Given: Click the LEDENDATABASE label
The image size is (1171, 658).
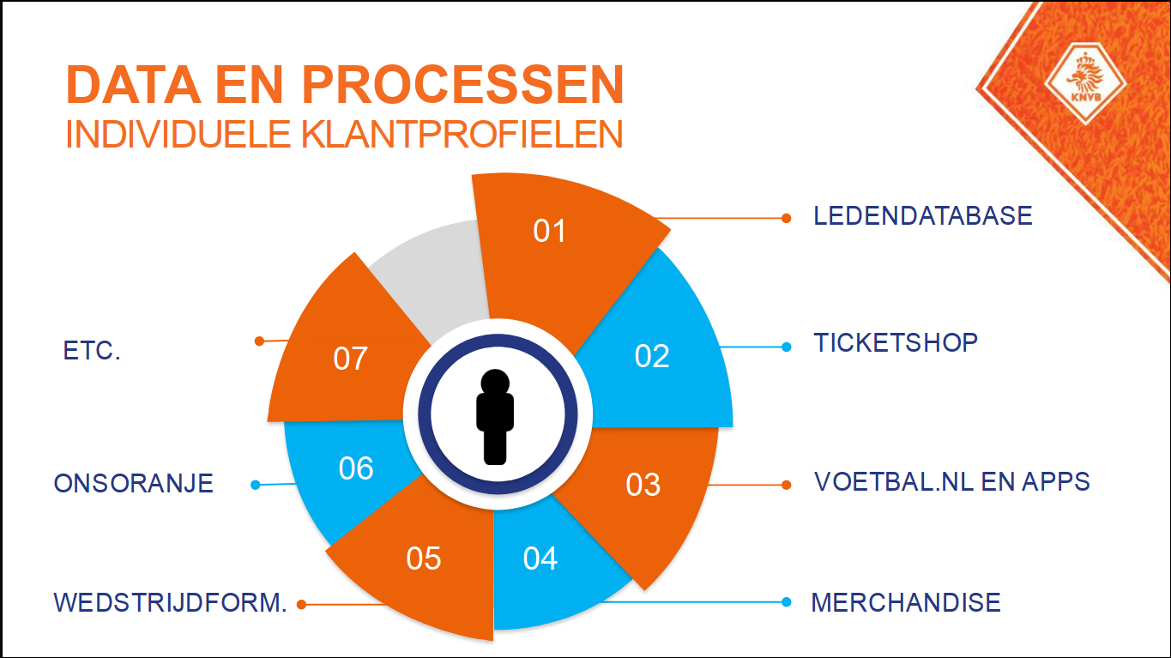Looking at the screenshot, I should coord(923,216).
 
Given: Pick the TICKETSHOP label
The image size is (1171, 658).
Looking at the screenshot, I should coord(896,343).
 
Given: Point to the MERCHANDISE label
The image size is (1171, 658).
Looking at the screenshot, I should coord(906,602).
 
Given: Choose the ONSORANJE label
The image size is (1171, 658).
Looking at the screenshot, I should coord(133,484).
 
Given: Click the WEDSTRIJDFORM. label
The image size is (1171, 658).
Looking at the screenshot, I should coord(170,602).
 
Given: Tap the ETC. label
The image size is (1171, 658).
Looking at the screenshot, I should coord(92,352).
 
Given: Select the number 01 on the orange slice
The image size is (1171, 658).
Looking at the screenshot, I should coord(550,231).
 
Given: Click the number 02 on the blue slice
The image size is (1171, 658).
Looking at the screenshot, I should coord(652,356).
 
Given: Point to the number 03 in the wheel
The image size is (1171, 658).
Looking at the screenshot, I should coord(643,485).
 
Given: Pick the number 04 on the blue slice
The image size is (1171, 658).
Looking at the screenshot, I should coord(540,558).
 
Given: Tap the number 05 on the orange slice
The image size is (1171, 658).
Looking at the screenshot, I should coord(424,558).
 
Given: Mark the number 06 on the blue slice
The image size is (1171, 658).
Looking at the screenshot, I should coord(356,468).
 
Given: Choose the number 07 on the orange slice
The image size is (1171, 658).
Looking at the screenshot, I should coord(350,359).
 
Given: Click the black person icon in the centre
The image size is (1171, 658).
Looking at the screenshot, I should coord(495,416).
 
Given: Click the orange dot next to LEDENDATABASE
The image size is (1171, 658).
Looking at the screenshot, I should coord(786,218).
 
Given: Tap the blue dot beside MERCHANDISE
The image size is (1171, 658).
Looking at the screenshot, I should coord(786,602).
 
